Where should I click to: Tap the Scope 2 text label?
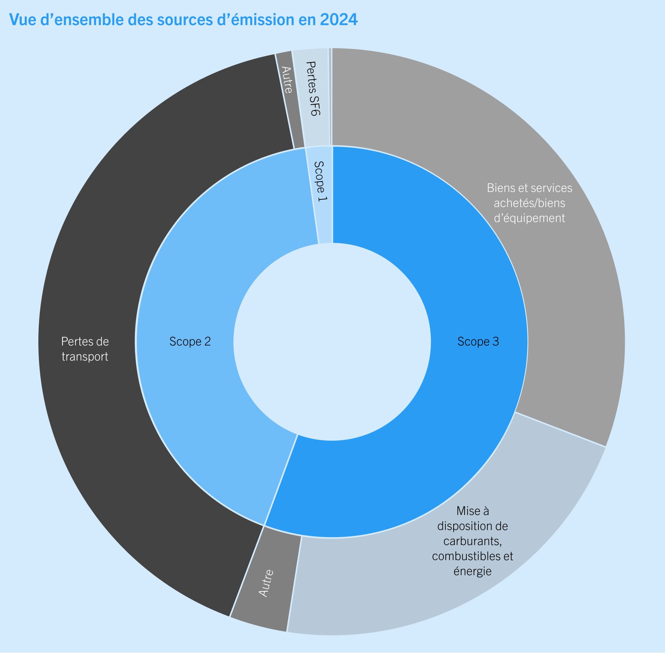pos(190,341)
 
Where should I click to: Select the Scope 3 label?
pos(478,341)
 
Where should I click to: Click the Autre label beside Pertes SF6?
pos(287,80)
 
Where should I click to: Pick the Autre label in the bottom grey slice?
pos(266,583)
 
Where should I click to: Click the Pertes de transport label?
pos(85,349)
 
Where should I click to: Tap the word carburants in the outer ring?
pos(472,541)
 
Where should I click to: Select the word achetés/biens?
pos(529,203)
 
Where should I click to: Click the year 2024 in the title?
pos(339,20)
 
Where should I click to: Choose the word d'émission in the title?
pos(256,20)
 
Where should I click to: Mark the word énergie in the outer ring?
pos(472,571)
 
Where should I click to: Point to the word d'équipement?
pos(529,218)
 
